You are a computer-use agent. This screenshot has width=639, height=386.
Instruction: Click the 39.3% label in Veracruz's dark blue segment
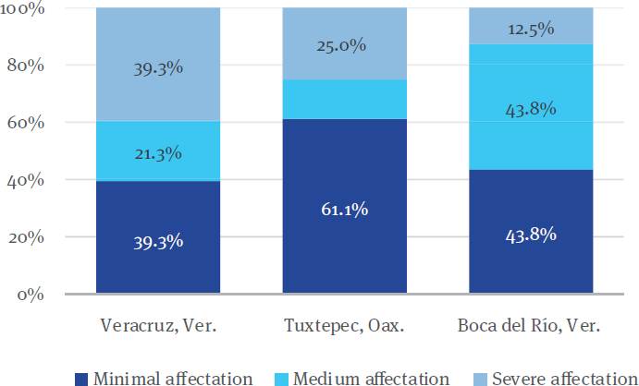pos(158,242)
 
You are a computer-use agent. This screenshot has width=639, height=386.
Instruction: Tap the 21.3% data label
pos(158,153)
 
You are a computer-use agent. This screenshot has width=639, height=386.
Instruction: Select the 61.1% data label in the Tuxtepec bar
pos(344,210)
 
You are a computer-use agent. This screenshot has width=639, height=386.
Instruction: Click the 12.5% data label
pos(531,29)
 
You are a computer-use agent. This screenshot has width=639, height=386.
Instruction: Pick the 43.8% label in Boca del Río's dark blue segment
pos(531,235)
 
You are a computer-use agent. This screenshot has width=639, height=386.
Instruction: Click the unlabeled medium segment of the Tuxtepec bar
pos(344,99)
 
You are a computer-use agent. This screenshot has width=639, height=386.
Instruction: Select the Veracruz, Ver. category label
pos(158,328)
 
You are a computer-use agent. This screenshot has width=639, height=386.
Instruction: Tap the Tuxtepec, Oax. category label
pos(344,328)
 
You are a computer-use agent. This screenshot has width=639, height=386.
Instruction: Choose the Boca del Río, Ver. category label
pos(531,328)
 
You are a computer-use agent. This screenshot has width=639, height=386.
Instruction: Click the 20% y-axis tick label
pos(29,237)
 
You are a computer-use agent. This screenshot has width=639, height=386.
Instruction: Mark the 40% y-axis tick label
pos(29,180)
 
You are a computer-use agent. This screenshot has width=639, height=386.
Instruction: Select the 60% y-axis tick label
pos(29,123)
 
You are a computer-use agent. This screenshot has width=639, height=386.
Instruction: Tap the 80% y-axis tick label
pos(29,66)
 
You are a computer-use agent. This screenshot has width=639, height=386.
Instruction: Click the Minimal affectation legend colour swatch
pos(81,378)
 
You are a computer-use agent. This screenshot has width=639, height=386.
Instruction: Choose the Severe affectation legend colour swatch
pos(481,378)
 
